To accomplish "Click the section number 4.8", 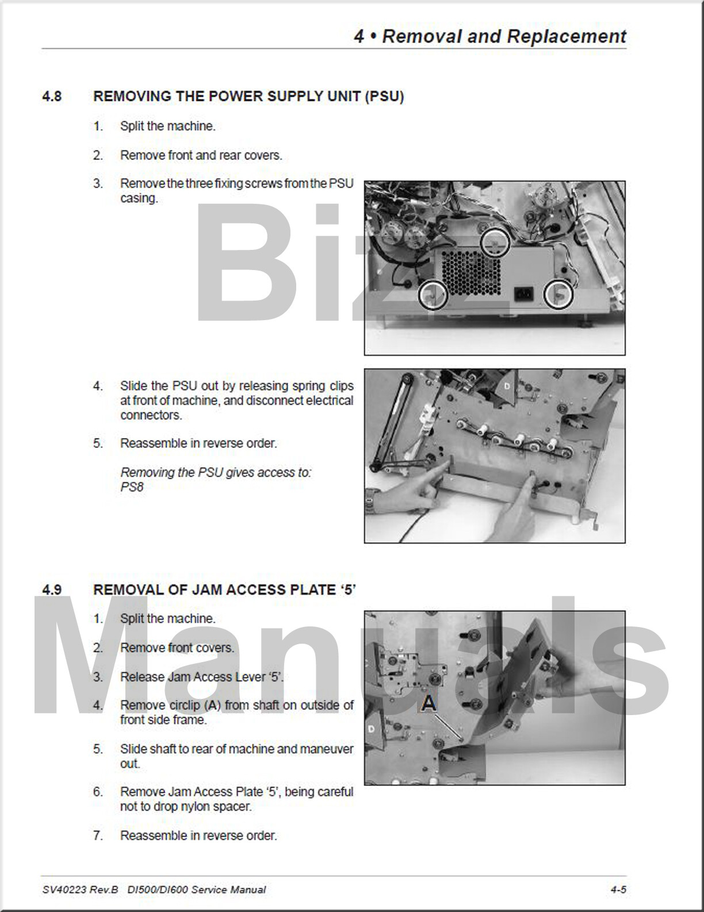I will pos(52,97).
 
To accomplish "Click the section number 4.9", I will pos(52,590).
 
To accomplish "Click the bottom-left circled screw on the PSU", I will pos(431,295).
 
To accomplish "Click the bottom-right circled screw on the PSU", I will pos(559,295).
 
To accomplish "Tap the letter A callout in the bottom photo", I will pos(428,704).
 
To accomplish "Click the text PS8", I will pos(132,487).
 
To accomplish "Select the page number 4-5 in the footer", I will pos(618,890).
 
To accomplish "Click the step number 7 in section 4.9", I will pos(98,835).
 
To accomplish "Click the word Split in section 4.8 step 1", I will pos(132,126).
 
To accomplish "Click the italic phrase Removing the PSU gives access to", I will pos(216,473).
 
